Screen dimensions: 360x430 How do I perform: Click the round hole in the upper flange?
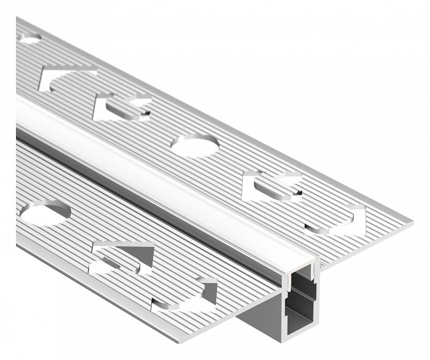[x=195, y=144]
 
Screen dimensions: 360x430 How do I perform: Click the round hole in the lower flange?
[x=46, y=212]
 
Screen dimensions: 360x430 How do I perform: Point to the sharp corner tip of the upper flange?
[x=412, y=220]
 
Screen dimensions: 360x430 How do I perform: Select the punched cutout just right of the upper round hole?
[x=273, y=185]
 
